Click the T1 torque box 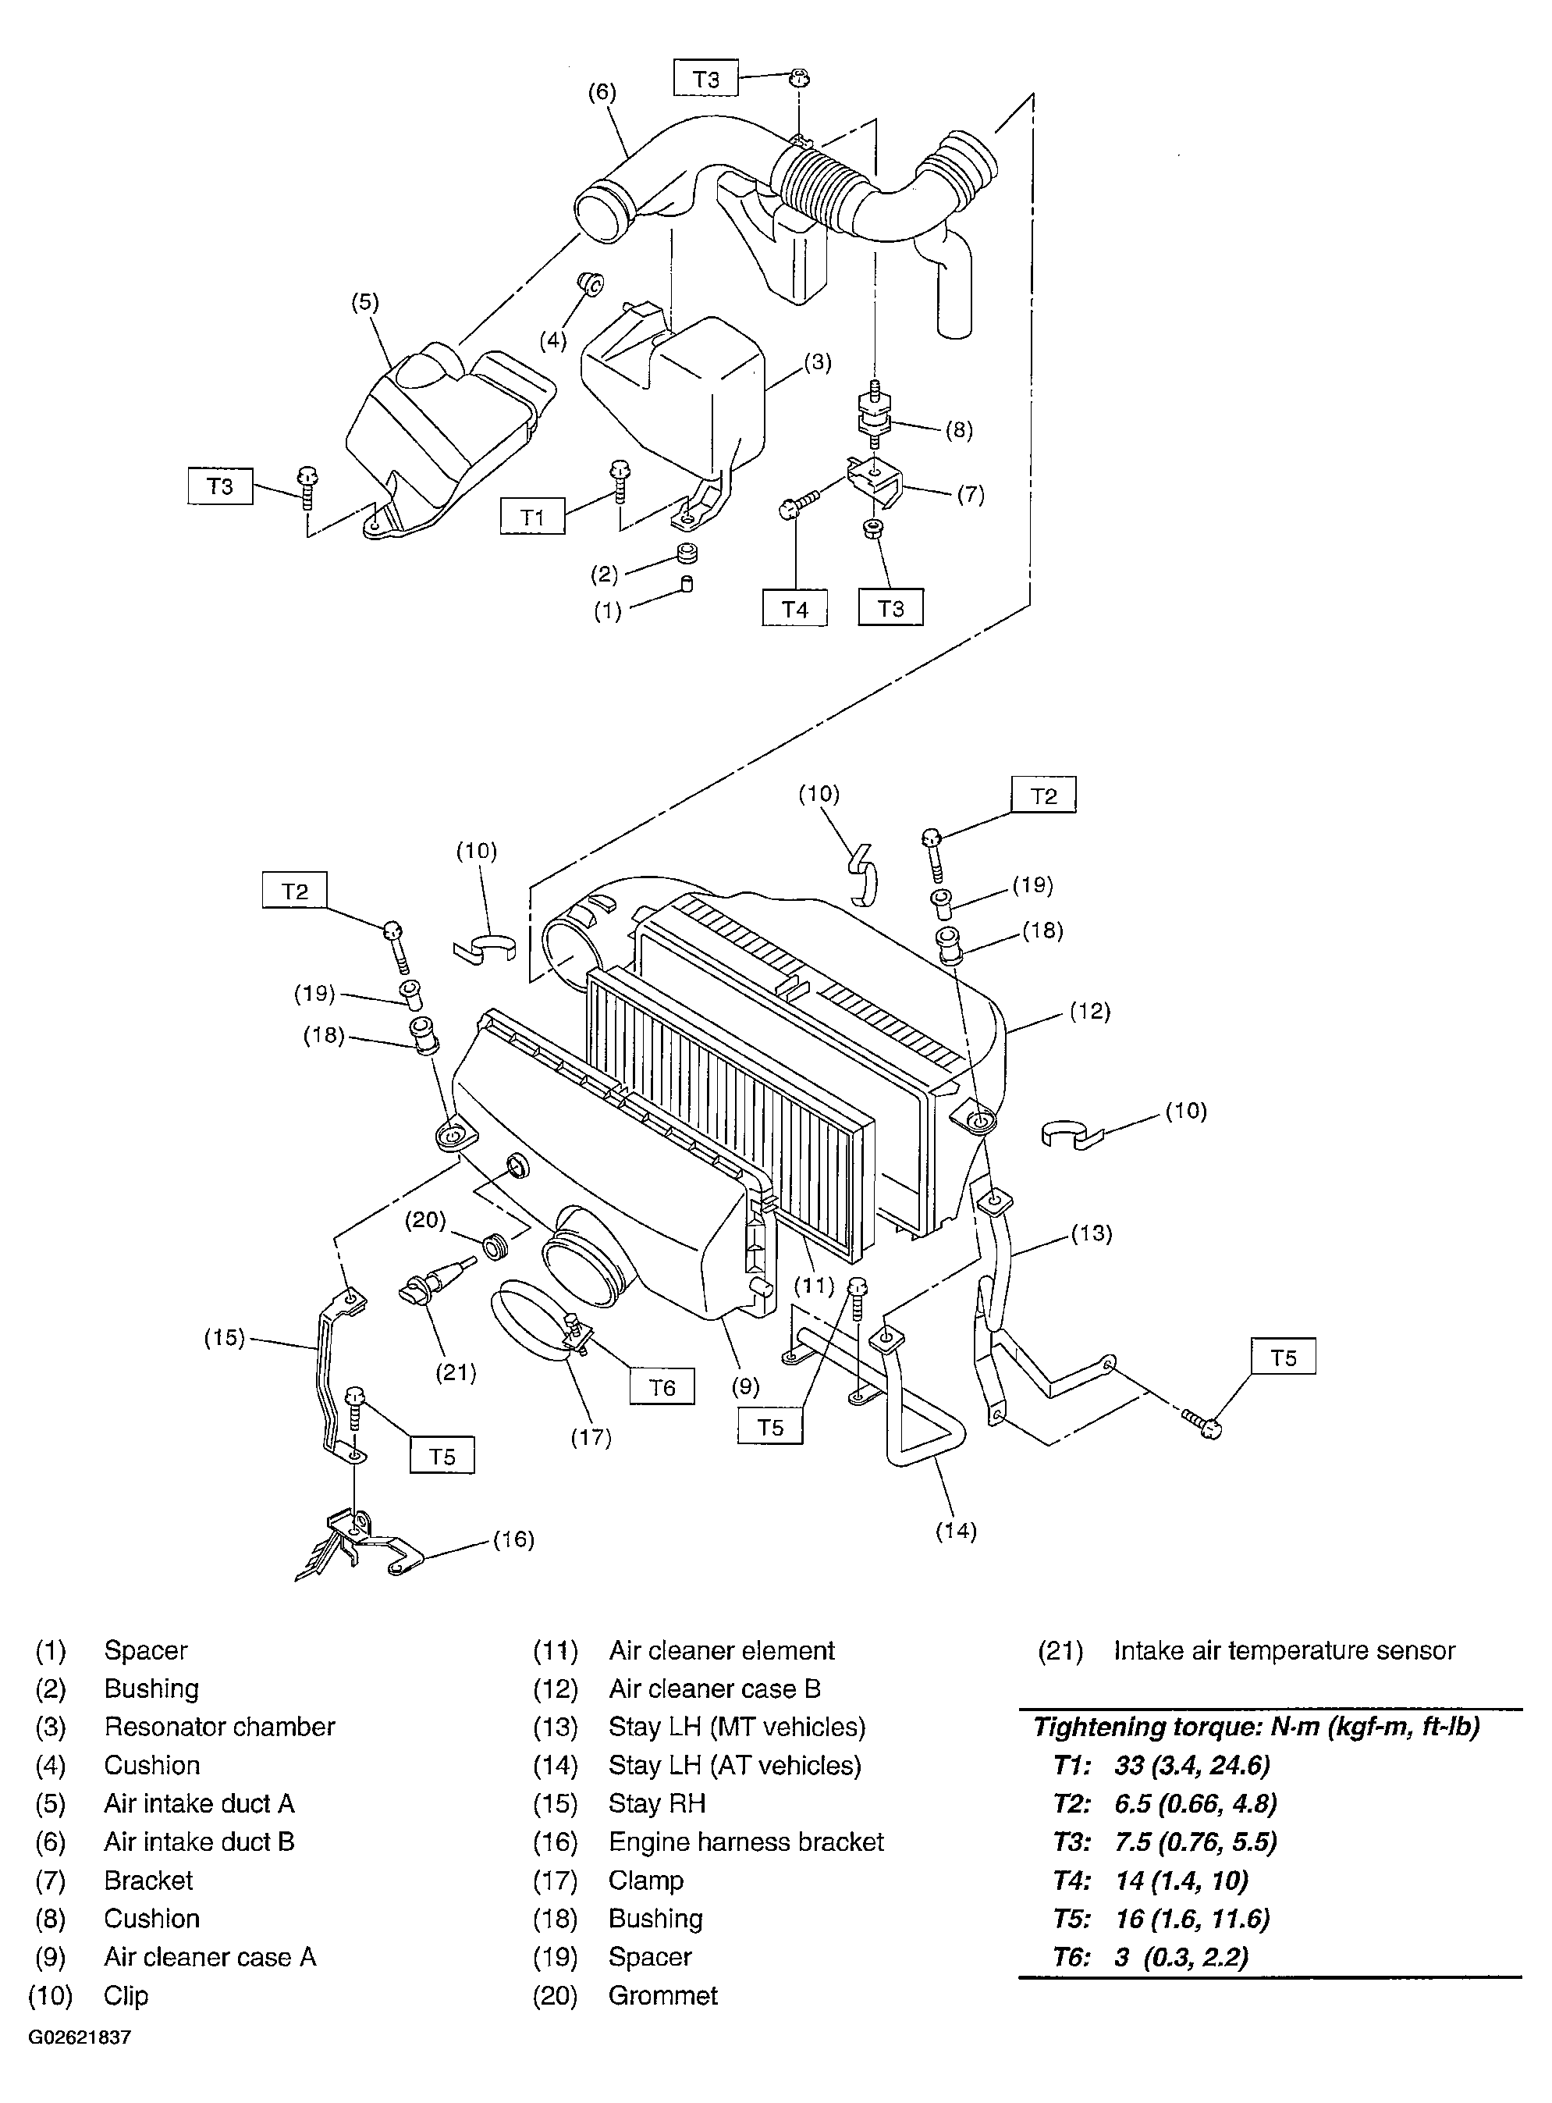click(533, 517)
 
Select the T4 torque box click(795, 609)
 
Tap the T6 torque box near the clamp click(662, 1387)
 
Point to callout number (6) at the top click(602, 92)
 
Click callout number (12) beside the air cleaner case click(1090, 1011)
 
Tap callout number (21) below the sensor click(456, 1373)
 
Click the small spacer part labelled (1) click(687, 585)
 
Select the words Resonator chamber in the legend click(220, 1727)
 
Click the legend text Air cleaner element click(722, 1651)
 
